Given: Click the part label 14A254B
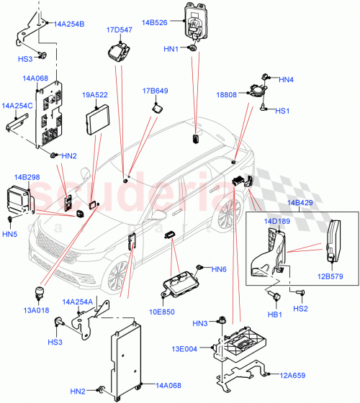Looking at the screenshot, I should coord(69,24).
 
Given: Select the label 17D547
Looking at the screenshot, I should coord(120,30).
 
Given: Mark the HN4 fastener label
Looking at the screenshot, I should coord(287,79).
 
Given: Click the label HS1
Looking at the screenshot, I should coord(282,111).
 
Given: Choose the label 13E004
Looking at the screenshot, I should coord(189,349).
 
